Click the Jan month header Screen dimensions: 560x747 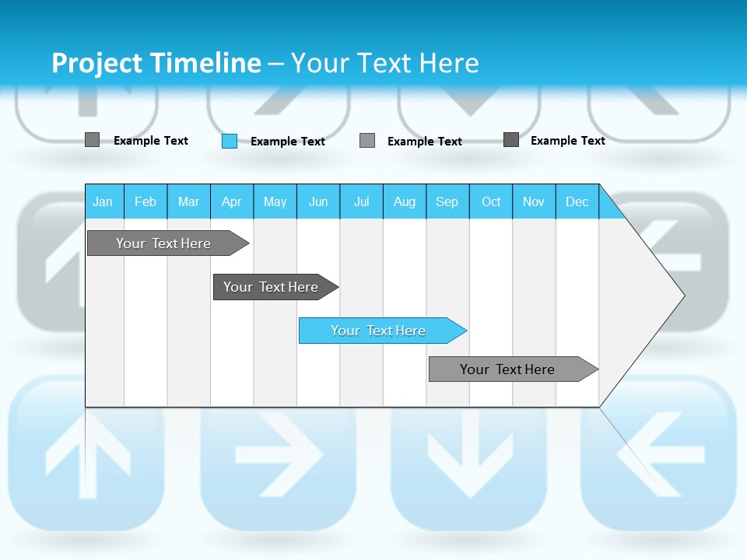[x=103, y=201]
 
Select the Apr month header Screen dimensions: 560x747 [x=231, y=201]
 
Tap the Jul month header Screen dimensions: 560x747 [x=361, y=201]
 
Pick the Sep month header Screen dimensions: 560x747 [x=447, y=201]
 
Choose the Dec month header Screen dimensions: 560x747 [x=577, y=201]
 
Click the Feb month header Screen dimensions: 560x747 [x=146, y=201]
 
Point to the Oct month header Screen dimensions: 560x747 [x=491, y=201]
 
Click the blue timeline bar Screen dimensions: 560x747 [x=380, y=331]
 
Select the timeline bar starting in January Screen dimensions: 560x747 [x=165, y=243]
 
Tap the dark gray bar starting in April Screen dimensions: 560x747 [x=272, y=287]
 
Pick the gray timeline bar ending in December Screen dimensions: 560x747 [x=510, y=369]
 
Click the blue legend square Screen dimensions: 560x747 [x=230, y=141]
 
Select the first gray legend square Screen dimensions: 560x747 [x=92, y=140]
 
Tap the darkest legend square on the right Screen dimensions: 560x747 [x=511, y=140]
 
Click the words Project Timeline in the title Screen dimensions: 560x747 [x=156, y=63]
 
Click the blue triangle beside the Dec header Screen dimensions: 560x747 [x=609, y=207]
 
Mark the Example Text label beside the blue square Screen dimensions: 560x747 [x=287, y=142]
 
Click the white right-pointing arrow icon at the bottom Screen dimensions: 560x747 [x=279, y=453]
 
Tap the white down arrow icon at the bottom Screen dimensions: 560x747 [x=469, y=459]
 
